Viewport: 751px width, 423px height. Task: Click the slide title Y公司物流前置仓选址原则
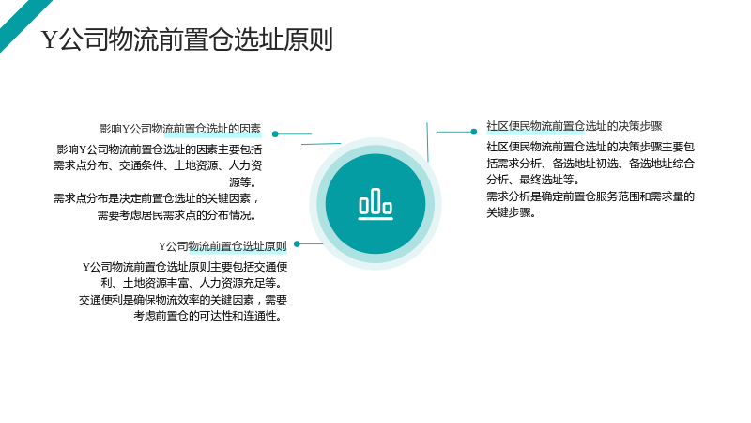pos(187,39)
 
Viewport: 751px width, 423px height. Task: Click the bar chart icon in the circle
pos(375,204)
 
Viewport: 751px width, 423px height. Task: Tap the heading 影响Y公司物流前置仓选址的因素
pos(180,129)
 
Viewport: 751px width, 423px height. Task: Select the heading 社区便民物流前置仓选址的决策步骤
pos(575,126)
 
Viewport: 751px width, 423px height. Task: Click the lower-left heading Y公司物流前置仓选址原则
pos(222,246)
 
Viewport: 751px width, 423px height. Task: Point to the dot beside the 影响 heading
pos(275,133)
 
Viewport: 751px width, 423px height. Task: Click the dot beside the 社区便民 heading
pos(474,132)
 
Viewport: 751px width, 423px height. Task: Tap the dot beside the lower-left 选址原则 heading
pos(297,243)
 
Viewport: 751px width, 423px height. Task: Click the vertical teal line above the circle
pos(427,142)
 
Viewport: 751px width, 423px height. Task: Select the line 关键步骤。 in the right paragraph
pos(511,212)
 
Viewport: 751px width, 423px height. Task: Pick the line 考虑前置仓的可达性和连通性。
pos(207,316)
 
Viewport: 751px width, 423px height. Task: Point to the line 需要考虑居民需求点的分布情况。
pos(177,215)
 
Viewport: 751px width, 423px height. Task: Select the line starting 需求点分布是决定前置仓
pos(157,198)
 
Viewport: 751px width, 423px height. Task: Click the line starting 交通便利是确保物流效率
pos(183,300)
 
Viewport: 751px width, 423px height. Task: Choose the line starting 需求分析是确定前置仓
pos(590,196)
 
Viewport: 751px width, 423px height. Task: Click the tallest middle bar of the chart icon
pos(375,200)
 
